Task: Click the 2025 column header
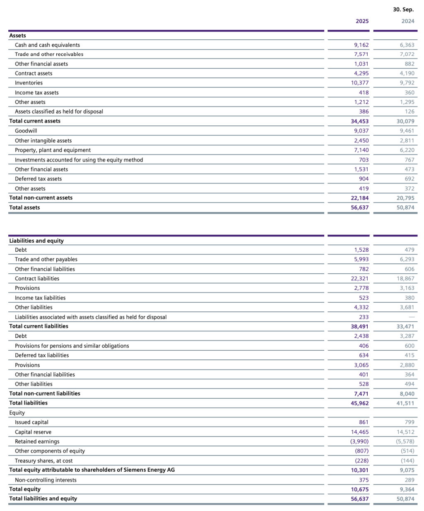point(362,21)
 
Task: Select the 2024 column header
point(407,21)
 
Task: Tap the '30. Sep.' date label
point(403,10)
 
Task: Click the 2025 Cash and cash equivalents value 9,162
point(361,45)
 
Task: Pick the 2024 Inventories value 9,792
point(407,83)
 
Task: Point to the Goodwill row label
point(26,131)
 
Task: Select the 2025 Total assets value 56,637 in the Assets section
point(359,207)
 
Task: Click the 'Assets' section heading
point(17,36)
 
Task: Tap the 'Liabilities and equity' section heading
point(36,241)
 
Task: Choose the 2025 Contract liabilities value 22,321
point(359,279)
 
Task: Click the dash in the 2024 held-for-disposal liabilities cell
point(411,317)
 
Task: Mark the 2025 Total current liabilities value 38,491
point(359,326)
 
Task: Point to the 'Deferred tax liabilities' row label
point(42,355)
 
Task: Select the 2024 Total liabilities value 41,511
point(405,403)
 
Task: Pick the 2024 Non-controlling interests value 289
point(409,480)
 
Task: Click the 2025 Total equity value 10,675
point(359,489)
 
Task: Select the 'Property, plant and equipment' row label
point(53,150)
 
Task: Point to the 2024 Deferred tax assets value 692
point(409,179)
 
